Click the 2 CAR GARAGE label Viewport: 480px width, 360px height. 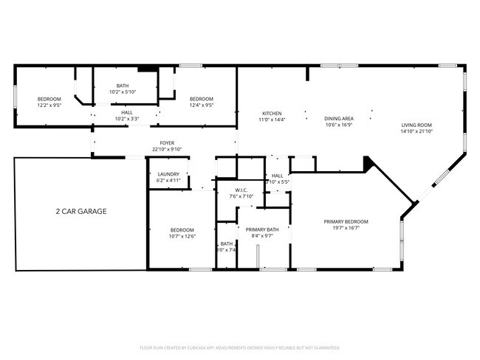tap(81, 211)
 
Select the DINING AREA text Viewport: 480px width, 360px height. tap(339, 118)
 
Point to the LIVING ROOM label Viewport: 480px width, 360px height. tap(416, 125)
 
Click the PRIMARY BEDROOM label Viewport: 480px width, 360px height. tap(346, 221)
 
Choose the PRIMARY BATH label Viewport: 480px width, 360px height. tap(262, 229)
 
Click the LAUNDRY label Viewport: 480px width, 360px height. tap(168, 174)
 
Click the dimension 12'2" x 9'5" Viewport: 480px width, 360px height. tap(49, 105)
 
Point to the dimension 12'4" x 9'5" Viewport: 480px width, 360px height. tap(201, 105)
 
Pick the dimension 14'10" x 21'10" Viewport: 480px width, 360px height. tap(416, 131)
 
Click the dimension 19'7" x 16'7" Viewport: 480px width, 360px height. tap(346, 228)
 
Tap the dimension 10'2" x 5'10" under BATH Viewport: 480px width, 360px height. tap(123, 91)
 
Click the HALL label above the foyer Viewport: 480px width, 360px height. tap(127, 112)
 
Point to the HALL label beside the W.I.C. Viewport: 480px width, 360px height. tap(277, 175)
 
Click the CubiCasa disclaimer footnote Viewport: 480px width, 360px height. tap(240, 347)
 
